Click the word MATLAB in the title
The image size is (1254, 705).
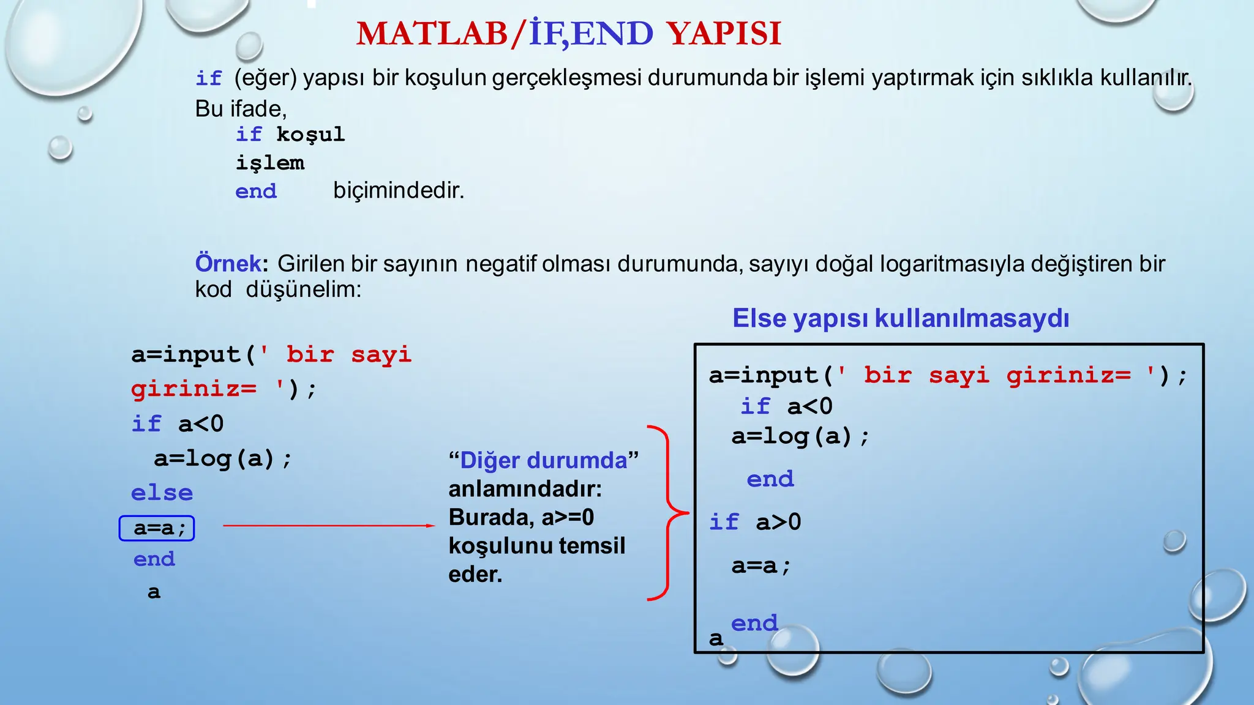431,34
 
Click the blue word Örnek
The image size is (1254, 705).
228,264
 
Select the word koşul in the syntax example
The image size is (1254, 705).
310,135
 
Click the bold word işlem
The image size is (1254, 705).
270,163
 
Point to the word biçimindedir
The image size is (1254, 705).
399,190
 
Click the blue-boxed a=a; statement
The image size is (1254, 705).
157,528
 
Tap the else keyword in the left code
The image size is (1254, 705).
162,493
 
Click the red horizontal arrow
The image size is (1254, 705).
329,525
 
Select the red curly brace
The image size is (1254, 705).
666,513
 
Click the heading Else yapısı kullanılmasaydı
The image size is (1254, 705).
900,318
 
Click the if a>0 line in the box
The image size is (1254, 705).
755,522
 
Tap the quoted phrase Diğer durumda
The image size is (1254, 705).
543,460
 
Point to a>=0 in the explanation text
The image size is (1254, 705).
568,518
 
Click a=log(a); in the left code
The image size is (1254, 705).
223,458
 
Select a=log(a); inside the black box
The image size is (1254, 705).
800,436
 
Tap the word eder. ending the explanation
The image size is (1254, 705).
475,575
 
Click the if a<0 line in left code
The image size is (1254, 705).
178,423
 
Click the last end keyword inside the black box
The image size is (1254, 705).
754,623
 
